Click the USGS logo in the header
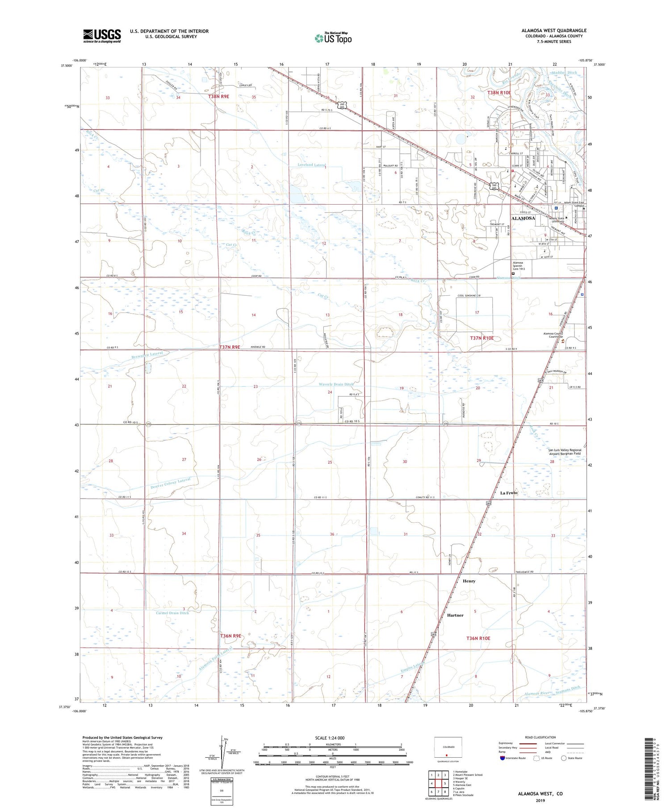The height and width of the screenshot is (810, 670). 102,36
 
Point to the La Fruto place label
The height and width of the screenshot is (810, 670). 509,493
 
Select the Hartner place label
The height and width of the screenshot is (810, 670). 455,615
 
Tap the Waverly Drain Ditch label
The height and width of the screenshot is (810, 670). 336,384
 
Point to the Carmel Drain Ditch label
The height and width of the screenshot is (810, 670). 172,613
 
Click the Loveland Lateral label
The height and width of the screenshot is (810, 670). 311,165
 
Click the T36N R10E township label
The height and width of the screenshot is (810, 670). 478,638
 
